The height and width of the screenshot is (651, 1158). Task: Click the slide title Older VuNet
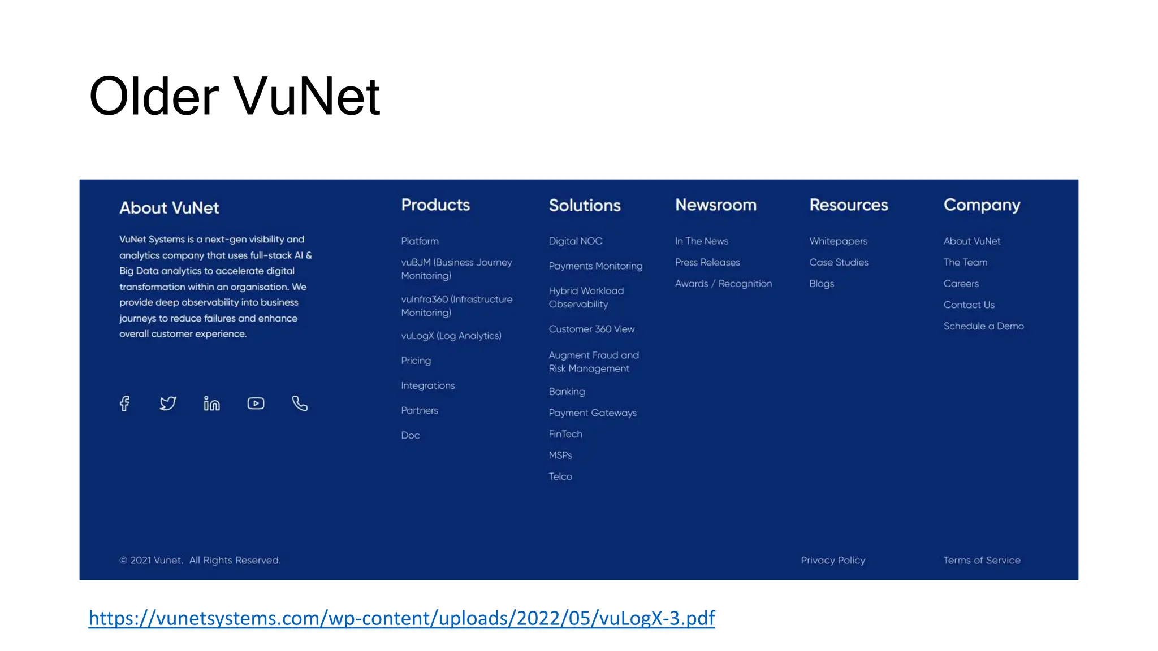click(x=234, y=96)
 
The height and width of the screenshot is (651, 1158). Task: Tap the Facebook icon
click(x=124, y=403)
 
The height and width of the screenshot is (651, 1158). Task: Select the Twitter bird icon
click(x=168, y=403)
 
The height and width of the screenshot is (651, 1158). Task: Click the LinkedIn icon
click(x=212, y=403)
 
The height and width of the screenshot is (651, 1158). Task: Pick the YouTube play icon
click(x=256, y=403)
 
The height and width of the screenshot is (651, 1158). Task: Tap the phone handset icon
click(x=300, y=403)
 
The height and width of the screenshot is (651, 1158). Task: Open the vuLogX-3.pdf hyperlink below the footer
click(x=401, y=618)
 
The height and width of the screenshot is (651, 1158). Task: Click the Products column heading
click(x=435, y=205)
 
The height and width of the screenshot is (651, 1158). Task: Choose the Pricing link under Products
click(x=416, y=361)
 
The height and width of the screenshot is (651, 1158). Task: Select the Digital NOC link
click(x=575, y=241)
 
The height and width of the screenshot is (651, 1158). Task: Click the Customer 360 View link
click(x=591, y=329)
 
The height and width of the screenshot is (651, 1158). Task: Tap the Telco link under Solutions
click(x=560, y=476)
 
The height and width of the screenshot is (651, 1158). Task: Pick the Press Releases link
click(x=707, y=262)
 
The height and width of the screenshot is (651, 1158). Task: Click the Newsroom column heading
click(x=716, y=205)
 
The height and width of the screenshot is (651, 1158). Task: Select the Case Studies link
click(x=839, y=262)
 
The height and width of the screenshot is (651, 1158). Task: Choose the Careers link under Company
click(x=961, y=284)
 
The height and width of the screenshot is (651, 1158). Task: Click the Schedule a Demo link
click(x=983, y=326)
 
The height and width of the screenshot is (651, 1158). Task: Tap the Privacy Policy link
click(x=833, y=560)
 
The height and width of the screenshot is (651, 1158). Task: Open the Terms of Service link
click(x=982, y=560)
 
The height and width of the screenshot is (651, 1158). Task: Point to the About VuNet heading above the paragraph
click(x=169, y=208)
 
